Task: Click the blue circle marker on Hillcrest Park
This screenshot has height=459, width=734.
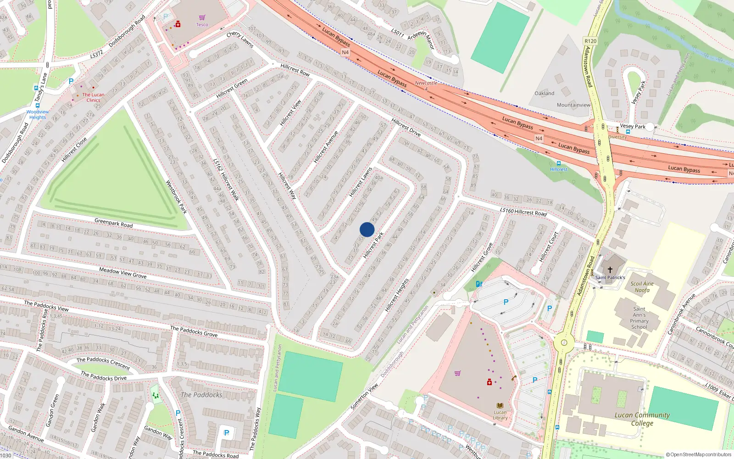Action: tap(367, 229)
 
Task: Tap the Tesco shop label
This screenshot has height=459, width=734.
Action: tap(202, 25)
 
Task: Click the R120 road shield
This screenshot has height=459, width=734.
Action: tap(590, 41)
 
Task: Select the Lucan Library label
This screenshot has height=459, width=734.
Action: tap(500, 415)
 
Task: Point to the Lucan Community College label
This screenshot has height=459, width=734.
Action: tap(642, 419)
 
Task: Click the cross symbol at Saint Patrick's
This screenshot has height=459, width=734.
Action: tap(610, 269)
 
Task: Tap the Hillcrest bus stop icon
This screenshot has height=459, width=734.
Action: tap(558, 163)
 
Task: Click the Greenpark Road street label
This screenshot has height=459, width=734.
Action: tap(113, 223)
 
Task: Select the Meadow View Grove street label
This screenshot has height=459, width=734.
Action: tap(123, 273)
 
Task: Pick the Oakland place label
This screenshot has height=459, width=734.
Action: tap(544, 93)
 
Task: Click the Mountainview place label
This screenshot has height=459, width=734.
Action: tap(573, 105)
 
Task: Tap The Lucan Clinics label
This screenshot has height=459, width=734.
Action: tap(93, 97)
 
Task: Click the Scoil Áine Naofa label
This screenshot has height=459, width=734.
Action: tap(642, 287)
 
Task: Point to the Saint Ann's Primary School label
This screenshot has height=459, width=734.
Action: tap(639, 318)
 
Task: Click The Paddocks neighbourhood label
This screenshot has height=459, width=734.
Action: tap(201, 395)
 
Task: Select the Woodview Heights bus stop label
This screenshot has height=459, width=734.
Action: tap(38, 114)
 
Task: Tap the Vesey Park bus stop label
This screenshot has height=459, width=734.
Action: tap(633, 126)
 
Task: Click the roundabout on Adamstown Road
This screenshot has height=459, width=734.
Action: tap(564, 342)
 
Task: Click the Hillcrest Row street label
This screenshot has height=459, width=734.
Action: tap(295, 70)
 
